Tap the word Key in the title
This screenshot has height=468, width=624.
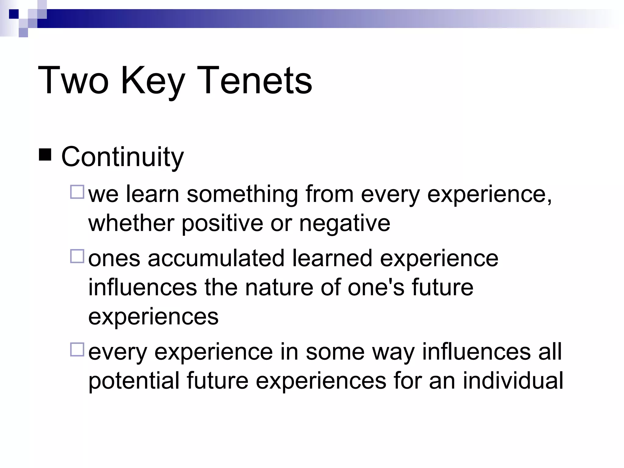point(152,81)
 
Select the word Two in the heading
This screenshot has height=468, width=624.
point(73,81)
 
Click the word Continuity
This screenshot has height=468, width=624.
point(122,157)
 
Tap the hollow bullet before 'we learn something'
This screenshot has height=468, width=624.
point(77,192)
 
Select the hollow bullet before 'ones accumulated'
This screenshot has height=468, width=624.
point(77,256)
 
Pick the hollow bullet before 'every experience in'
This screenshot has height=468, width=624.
point(77,349)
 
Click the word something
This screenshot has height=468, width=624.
point(242,194)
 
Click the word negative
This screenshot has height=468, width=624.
point(344,223)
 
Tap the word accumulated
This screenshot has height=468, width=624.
point(216,258)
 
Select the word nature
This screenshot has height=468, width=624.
point(279,287)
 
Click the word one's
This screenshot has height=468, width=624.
point(376,287)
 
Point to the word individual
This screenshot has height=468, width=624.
point(513,381)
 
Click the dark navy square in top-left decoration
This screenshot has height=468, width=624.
point(14,14)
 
